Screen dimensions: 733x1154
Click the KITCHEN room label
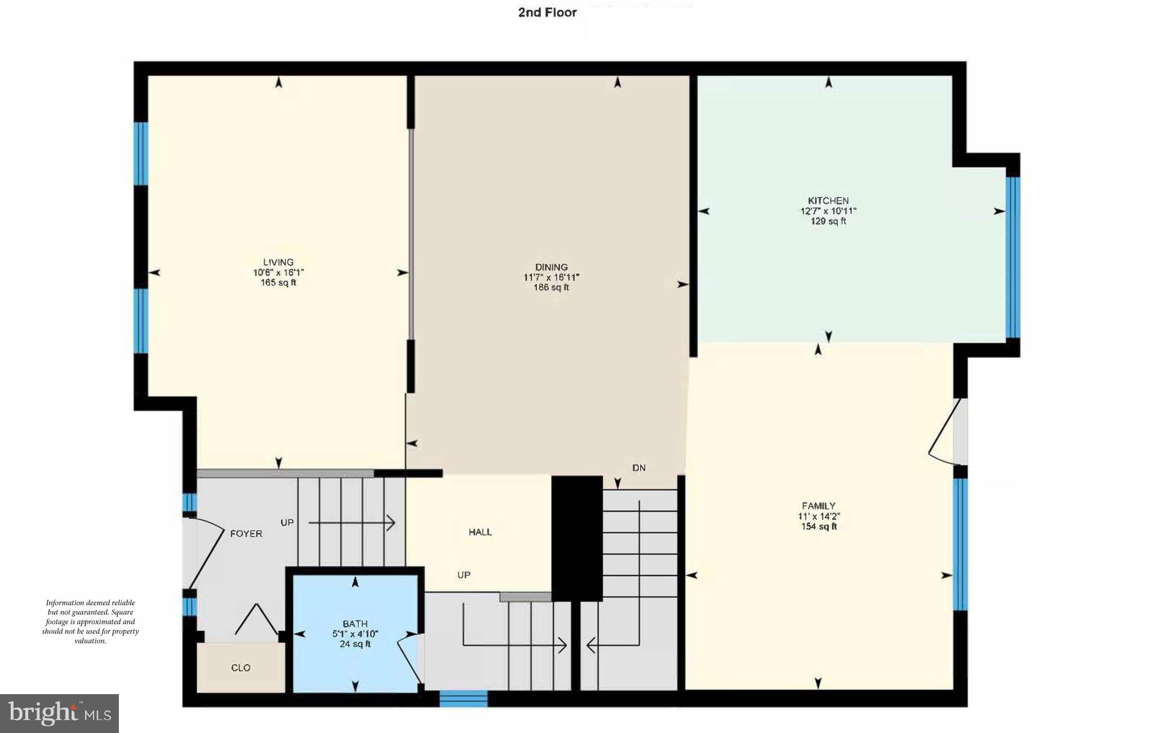[x=828, y=201]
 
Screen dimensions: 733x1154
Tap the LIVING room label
[x=278, y=262]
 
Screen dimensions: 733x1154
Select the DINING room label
[x=551, y=267]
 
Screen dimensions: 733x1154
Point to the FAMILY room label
[x=818, y=506]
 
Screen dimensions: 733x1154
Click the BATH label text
[x=355, y=624]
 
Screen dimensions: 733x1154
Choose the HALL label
[x=480, y=532]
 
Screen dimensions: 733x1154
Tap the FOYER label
[x=246, y=534]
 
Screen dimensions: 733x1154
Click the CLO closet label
[x=241, y=668]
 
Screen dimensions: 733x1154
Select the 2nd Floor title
[x=547, y=12]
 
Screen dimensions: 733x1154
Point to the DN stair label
[x=639, y=468]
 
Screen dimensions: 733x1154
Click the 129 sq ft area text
[x=828, y=221]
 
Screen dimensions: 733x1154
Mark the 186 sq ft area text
[x=551, y=287]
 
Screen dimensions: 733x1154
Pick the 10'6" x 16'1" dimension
[x=278, y=273]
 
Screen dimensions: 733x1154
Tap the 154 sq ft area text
[x=818, y=527]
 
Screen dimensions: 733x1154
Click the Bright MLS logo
[x=59, y=713]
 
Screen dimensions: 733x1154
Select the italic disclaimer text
[x=90, y=621]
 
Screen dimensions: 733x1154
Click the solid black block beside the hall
[x=576, y=538]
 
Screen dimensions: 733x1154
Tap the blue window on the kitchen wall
[x=1013, y=257]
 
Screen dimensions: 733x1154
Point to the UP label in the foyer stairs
[x=287, y=522]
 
